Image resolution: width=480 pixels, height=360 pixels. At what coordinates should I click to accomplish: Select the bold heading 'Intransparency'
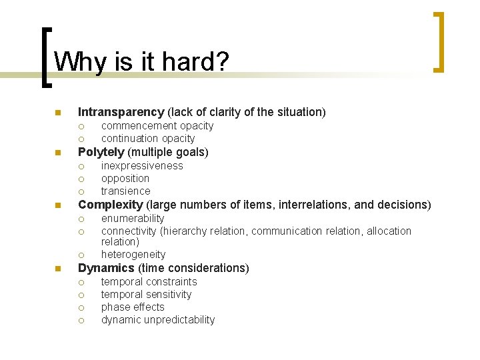click(x=121, y=112)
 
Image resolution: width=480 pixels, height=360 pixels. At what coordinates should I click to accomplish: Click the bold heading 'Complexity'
click(x=111, y=205)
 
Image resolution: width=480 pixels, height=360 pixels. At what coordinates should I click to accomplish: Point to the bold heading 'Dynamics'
click(x=106, y=268)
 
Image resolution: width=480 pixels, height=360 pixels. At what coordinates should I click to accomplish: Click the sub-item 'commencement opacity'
click(x=157, y=126)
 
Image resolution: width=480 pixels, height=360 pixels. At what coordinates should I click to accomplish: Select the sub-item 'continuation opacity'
click(x=148, y=139)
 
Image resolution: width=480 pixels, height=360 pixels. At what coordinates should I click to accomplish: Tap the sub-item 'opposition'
click(x=125, y=179)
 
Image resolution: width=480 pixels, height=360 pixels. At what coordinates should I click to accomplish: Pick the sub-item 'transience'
click(x=125, y=191)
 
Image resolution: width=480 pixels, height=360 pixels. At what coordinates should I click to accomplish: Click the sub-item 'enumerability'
click(x=132, y=219)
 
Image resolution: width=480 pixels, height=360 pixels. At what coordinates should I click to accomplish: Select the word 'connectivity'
click(x=129, y=231)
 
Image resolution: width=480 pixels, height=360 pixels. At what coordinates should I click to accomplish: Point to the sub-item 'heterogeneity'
click(x=133, y=255)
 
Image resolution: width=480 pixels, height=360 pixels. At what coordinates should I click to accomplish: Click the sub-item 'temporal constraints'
click(x=149, y=282)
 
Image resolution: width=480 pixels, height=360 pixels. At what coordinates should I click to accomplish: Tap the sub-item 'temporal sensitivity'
click(x=146, y=295)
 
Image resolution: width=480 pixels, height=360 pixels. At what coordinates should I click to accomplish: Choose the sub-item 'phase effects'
click(x=132, y=307)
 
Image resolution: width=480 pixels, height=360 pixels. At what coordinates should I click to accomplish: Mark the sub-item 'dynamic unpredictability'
click(x=157, y=320)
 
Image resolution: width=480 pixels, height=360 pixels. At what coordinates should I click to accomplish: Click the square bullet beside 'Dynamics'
click(x=58, y=269)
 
